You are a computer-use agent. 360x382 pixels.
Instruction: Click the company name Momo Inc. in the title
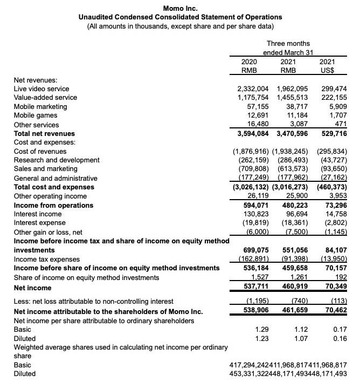(180, 8)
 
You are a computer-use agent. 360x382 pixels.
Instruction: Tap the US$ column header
(327, 70)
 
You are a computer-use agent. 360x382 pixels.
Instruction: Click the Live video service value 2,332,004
(254, 88)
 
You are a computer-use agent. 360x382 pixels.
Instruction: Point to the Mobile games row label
(36, 115)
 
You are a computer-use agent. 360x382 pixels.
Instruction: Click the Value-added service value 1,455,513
(293, 98)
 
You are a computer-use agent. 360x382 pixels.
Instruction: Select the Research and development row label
(57, 160)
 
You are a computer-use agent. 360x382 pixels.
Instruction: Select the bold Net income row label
(32, 289)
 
